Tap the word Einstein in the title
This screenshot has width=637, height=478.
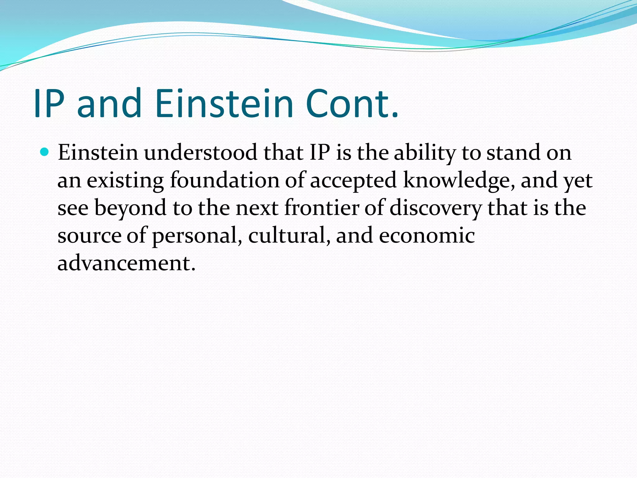(x=224, y=104)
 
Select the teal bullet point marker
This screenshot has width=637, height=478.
(x=45, y=152)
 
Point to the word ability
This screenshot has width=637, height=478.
(x=425, y=153)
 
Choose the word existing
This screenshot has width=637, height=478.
(x=125, y=181)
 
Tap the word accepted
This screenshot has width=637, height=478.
(x=353, y=181)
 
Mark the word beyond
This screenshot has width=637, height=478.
(x=130, y=208)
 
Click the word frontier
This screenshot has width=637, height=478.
(x=322, y=208)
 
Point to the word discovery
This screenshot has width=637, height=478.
(x=435, y=208)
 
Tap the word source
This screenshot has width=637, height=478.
(x=89, y=236)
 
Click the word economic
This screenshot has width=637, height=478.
(x=427, y=235)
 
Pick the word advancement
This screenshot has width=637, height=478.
(x=126, y=263)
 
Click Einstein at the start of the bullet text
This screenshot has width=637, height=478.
(x=98, y=153)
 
